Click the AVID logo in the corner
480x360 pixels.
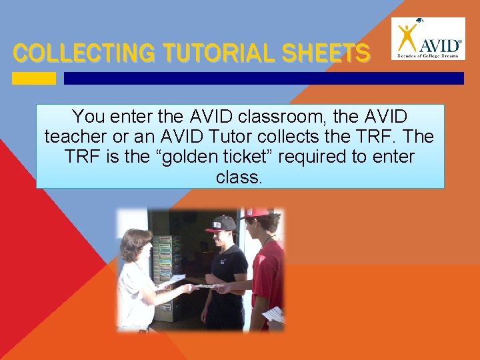pos(428,38)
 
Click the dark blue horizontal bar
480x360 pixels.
pos(263,78)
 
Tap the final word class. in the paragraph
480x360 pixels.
pos(240,178)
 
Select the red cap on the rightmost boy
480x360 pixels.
pos(257,213)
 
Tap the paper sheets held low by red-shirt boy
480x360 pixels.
pos(273,314)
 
